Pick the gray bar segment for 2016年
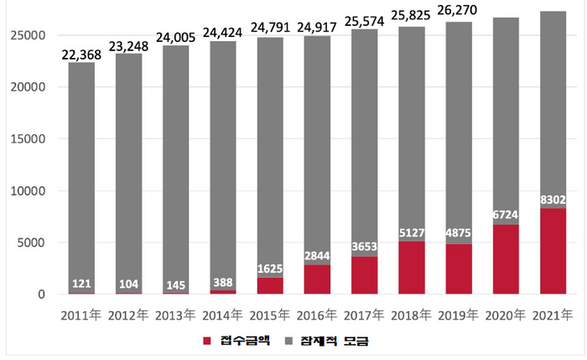pos(317,143)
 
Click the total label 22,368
pos(81,55)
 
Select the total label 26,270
pos(459,15)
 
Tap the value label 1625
pos(270,270)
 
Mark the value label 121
pos(81,284)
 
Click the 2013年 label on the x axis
pos(175,315)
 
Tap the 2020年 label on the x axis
pos(506,315)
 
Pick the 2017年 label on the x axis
pos(365,315)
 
